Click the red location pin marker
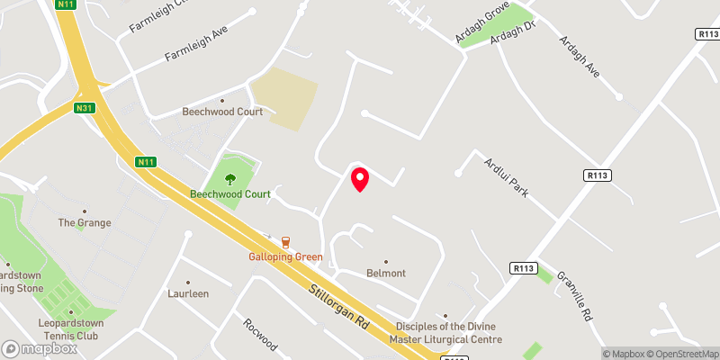click(360, 179)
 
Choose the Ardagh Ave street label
click(579, 55)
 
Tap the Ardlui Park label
click(505, 176)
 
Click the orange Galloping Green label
click(285, 256)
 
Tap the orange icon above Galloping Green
click(285, 241)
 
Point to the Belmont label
click(386, 273)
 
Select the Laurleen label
click(188, 293)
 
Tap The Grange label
click(85, 222)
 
